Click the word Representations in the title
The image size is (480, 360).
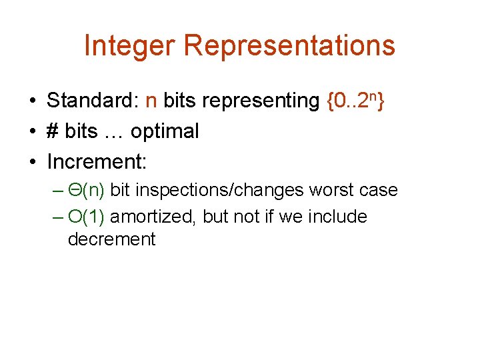tap(289, 46)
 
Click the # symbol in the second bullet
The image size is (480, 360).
tap(53, 131)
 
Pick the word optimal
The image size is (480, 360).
tap(165, 131)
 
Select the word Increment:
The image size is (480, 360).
tap(97, 162)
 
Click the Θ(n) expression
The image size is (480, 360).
tap(87, 191)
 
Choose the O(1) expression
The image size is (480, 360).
tap(87, 217)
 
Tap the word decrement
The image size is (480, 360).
tap(111, 239)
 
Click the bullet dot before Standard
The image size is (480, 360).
tap(31, 101)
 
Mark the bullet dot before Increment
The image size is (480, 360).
tap(31, 163)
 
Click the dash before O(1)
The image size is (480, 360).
tap(58, 217)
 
